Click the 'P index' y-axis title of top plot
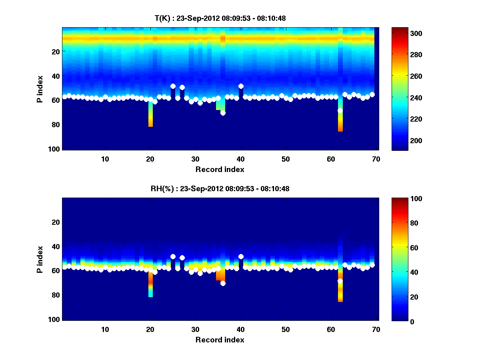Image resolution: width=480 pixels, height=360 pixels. coord(40,89)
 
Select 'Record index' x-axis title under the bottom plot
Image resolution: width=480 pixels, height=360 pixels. coord(220,340)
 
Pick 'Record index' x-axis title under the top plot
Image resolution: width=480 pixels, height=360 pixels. coord(220,169)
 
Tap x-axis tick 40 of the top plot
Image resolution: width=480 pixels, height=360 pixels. coord(240,159)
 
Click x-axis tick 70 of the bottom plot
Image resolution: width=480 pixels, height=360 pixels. coord(376,329)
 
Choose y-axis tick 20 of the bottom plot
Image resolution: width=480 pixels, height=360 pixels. coord(56,222)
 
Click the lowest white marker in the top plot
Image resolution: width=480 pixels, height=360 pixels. coord(223,113)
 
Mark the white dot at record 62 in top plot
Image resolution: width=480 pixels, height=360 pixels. coord(340,111)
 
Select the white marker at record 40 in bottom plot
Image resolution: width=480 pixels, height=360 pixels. coord(241,257)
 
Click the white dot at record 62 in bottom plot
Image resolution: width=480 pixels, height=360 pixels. coord(340,281)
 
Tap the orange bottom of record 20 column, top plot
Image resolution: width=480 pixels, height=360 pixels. coord(150,124)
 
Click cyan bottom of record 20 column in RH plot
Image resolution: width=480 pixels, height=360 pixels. coord(150,294)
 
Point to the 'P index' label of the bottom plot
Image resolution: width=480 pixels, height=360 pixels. coord(40,259)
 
